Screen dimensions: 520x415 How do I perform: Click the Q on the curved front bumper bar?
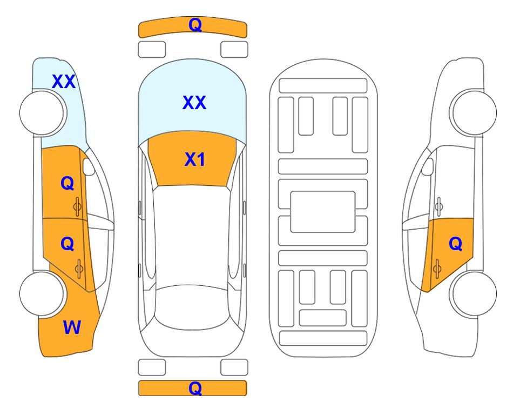[195, 25]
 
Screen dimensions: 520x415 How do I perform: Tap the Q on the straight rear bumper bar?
[195, 388]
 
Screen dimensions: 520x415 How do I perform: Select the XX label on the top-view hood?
[194, 102]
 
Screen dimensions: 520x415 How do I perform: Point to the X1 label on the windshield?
[195, 159]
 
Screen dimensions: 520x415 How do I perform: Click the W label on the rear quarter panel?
[72, 327]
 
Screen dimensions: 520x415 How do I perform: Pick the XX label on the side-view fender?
[64, 82]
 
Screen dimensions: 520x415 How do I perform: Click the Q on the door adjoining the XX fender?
[67, 183]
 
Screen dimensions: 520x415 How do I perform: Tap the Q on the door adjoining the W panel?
[67, 244]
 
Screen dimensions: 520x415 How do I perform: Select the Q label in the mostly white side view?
[456, 244]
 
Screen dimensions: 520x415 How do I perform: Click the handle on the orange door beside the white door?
[437, 269]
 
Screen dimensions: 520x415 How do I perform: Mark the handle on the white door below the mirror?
[439, 206]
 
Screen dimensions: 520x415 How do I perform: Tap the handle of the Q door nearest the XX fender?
[78, 206]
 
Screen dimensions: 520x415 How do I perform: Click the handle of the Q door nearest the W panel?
[79, 269]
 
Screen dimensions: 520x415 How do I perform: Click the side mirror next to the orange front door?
[88, 166]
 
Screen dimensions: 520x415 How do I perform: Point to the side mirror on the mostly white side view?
[428, 166]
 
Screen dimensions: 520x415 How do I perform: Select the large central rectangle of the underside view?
[323, 212]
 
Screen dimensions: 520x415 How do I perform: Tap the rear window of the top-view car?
[192, 307]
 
